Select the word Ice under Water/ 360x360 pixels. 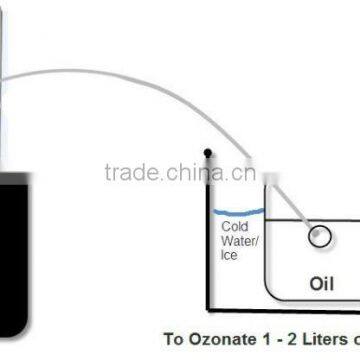[229, 255]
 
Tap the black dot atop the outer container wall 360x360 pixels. [207, 153]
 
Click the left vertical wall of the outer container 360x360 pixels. [208, 230]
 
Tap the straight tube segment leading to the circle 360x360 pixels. [295, 206]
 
